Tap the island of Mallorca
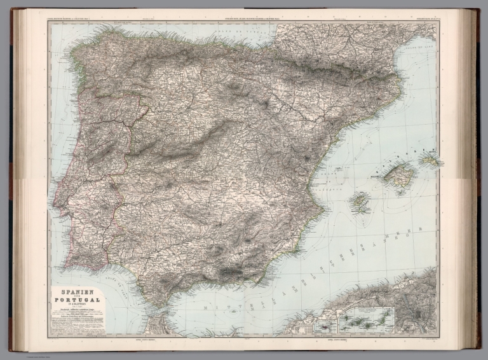(x=398, y=174)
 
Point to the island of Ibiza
(x=360, y=202)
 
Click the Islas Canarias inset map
(x=365, y=321)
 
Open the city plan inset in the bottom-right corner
(x=414, y=314)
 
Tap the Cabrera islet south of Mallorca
(x=400, y=191)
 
